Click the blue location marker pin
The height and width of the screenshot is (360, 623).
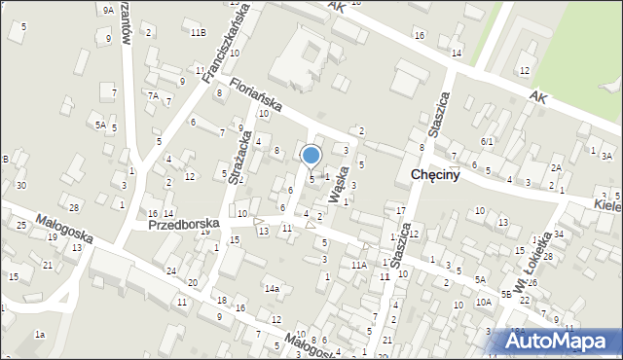click(311, 155)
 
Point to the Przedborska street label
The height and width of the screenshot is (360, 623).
click(183, 224)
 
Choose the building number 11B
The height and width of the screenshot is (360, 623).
click(198, 33)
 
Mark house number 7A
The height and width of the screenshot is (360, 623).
click(153, 95)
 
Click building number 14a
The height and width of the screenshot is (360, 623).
click(272, 288)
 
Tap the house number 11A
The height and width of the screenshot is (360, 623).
click(358, 265)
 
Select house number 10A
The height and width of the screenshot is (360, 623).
click(483, 303)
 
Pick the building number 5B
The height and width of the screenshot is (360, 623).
click(506, 293)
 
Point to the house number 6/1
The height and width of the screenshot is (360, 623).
click(487, 141)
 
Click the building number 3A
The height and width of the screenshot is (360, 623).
click(606, 156)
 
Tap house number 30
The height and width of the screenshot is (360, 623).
click(20, 185)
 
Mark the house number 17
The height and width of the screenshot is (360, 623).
click(400, 210)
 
